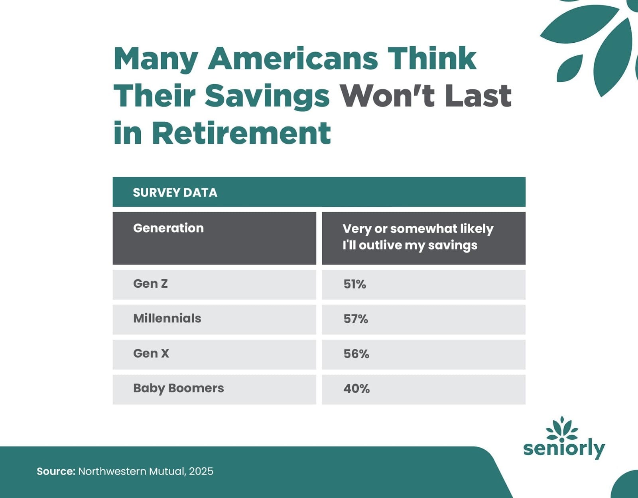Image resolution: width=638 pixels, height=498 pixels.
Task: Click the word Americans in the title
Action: (293, 58)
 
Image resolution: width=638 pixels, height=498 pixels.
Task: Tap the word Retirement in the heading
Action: (241, 133)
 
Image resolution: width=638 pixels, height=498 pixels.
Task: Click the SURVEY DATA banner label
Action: (175, 192)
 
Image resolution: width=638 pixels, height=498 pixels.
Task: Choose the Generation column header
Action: (168, 228)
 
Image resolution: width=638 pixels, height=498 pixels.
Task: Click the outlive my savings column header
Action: (418, 237)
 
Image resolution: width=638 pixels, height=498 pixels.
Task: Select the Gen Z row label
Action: (150, 284)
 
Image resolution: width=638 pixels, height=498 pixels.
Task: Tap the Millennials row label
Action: (167, 318)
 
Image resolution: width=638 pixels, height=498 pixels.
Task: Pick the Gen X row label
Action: (151, 353)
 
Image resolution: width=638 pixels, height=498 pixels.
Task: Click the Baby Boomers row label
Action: (179, 388)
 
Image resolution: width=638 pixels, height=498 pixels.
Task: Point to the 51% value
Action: (354, 284)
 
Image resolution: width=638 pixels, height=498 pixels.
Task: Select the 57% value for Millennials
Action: (356, 319)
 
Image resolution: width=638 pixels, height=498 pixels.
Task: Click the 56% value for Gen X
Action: (356, 354)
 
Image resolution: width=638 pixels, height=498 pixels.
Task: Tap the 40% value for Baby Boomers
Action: (356, 389)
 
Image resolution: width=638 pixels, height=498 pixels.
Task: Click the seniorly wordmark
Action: (564, 449)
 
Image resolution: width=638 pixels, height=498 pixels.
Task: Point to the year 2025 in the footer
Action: (201, 471)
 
